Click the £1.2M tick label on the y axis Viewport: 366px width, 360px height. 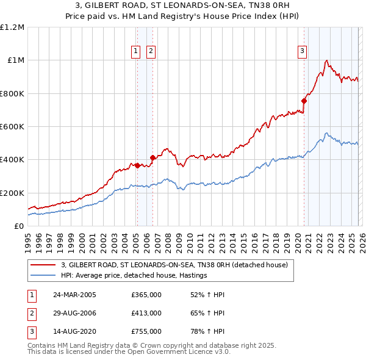click(12, 27)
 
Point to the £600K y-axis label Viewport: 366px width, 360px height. click(12, 127)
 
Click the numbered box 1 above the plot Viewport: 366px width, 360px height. click(135, 52)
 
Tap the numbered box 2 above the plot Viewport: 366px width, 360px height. click(151, 52)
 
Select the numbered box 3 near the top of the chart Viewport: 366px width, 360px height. click(302, 52)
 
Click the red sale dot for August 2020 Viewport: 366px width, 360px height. click(303, 101)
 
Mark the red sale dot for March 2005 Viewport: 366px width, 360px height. click(137, 165)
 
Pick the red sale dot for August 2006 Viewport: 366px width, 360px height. click(152, 157)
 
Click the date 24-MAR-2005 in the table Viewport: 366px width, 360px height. click(74, 295)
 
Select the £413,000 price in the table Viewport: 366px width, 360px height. click(146, 313)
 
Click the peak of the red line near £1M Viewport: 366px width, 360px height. click(328, 60)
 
